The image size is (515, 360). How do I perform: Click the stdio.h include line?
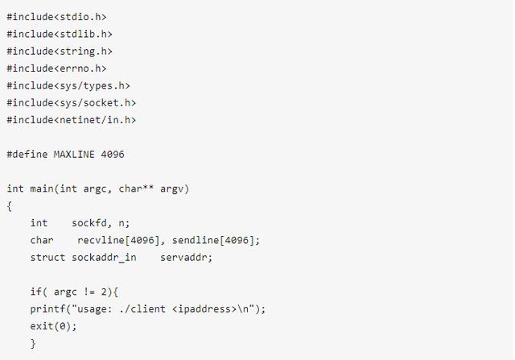(56, 16)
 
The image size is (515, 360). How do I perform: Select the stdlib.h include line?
(60, 34)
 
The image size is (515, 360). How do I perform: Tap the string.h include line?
(60, 51)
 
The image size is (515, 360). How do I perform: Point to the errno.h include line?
(56, 68)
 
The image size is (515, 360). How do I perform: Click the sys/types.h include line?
(68, 85)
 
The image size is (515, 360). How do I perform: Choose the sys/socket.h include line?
(72, 102)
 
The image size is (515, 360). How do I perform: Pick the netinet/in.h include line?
(72, 120)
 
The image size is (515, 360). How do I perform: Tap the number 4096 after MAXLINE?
(113, 154)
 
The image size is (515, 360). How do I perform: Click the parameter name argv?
(175, 188)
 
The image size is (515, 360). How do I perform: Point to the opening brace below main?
(10, 206)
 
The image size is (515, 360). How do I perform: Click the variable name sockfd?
(89, 223)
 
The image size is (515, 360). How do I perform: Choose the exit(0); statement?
(54, 326)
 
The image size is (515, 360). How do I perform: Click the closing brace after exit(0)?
(33, 344)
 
